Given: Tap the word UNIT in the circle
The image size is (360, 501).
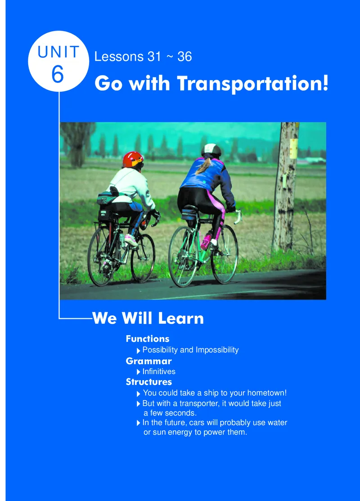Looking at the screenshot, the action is [58, 52].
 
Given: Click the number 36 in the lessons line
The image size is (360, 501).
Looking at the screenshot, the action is [184, 57].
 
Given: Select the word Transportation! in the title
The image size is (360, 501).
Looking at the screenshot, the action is [252, 83].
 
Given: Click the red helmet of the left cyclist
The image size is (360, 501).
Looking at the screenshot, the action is [133, 160].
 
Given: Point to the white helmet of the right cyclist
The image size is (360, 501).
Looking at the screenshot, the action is [211, 149].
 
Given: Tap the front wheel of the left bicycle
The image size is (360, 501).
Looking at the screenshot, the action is [143, 258].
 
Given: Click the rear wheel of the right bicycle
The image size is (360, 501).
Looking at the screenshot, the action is [184, 256].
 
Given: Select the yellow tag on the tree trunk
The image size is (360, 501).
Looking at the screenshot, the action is [293, 148].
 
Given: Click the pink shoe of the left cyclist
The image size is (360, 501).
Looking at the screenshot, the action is [131, 240].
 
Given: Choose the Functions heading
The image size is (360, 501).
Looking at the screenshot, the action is [148, 339].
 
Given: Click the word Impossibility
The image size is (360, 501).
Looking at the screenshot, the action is [217, 350].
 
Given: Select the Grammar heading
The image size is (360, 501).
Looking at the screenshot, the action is [148, 361].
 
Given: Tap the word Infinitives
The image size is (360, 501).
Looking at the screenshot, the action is [159, 371].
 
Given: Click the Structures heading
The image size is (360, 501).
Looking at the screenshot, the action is [148, 382].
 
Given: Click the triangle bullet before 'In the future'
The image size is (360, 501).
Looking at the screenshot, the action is [139, 423].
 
